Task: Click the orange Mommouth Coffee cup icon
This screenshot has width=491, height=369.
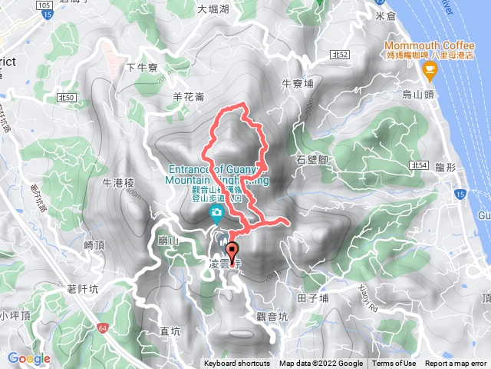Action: tap(429, 71)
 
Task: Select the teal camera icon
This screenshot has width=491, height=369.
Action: tap(217, 211)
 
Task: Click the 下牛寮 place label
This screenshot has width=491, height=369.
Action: tap(142, 68)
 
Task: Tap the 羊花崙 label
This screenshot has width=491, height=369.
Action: tap(188, 97)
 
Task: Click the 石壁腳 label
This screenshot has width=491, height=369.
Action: tap(311, 160)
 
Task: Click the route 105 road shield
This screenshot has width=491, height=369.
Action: tap(44, 5)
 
